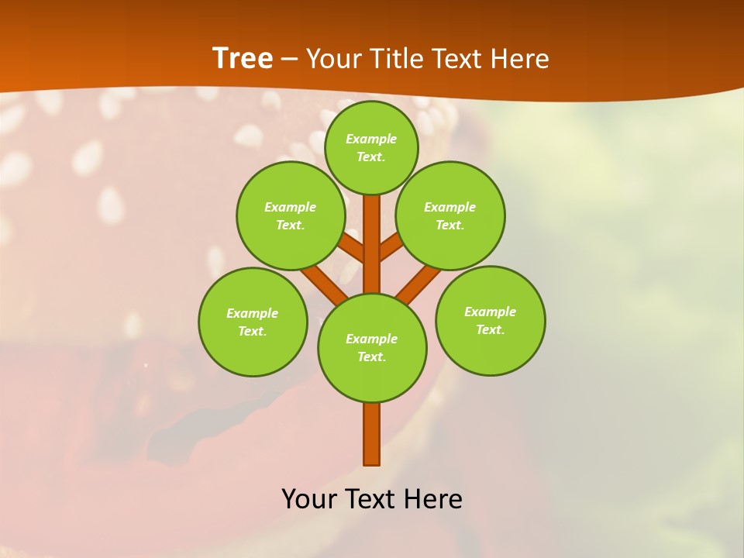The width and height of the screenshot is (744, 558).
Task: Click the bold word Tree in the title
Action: click(x=243, y=58)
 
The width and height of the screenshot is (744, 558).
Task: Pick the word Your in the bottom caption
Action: click(x=311, y=498)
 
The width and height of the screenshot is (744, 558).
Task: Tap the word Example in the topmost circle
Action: click(x=371, y=139)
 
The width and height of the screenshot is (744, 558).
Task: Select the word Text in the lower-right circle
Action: click(x=490, y=329)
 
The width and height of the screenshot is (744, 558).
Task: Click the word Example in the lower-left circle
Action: click(x=252, y=313)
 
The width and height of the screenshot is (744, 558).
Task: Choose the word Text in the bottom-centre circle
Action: click(x=371, y=356)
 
